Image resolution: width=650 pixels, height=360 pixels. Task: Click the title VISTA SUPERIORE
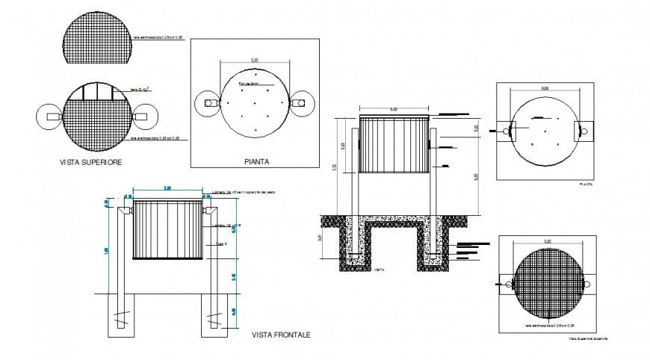(92, 161)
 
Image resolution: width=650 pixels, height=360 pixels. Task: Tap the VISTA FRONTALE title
(281, 335)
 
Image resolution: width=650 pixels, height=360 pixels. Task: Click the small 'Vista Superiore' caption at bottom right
(588, 339)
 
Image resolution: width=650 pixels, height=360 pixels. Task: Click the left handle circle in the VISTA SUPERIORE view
(46, 117)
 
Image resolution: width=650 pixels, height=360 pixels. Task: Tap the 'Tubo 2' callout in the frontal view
(219, 243)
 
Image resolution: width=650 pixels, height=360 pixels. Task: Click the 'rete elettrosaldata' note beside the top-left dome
(158, 36)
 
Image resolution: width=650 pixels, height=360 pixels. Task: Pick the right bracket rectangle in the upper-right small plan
(581, 131)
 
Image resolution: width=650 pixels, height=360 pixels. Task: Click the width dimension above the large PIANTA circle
(255, 59)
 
